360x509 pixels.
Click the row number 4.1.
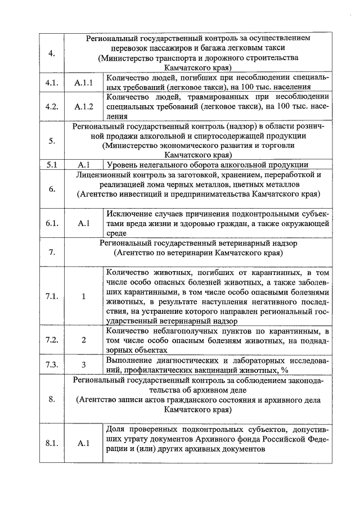[52, 83]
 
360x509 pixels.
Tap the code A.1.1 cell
[83, 83]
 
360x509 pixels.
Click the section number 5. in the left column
[52, 141]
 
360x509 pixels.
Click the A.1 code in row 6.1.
[83, 223]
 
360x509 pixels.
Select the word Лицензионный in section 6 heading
[104, 174]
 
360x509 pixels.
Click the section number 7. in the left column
[52, 251]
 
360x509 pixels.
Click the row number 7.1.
[52, 297]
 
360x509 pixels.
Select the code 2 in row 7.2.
[83, 340]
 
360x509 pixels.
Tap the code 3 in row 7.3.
[83, 364]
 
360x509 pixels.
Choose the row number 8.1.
[52, 443]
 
